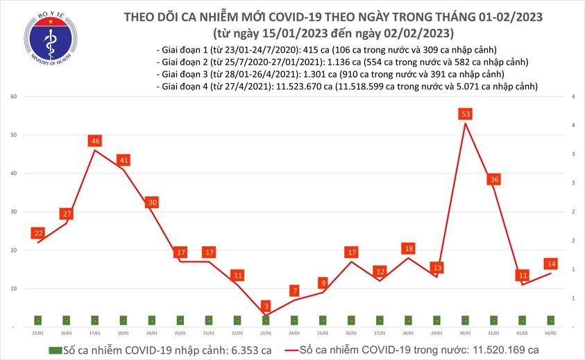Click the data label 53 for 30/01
pos(466,114)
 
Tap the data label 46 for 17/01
pos(95,142)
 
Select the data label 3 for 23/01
pos(266,306)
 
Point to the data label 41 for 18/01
pos(124,160)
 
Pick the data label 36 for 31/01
pos(494,180)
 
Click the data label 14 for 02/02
pos(551,264)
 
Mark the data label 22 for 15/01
pos(38,233)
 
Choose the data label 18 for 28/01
pos(409,248)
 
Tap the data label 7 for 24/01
pos(295,291)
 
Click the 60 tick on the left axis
pos(13,96)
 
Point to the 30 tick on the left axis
pos(13,212)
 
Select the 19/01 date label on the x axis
pos(152,334)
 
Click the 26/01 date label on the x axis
pos(352,334)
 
